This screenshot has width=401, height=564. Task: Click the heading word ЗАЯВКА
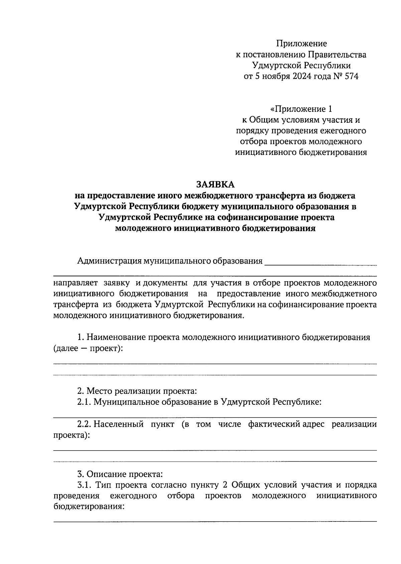pos(216,185)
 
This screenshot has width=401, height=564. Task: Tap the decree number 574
pos(351,76)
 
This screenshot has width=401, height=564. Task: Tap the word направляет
pos(75,283)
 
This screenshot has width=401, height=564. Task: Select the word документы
pos(165,283)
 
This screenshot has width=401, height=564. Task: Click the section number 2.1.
pos(84,402)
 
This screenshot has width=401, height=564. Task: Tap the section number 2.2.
pos(84,425)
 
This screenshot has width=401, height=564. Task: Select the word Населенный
pos(118,425)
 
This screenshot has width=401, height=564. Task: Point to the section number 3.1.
pos(84,485)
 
